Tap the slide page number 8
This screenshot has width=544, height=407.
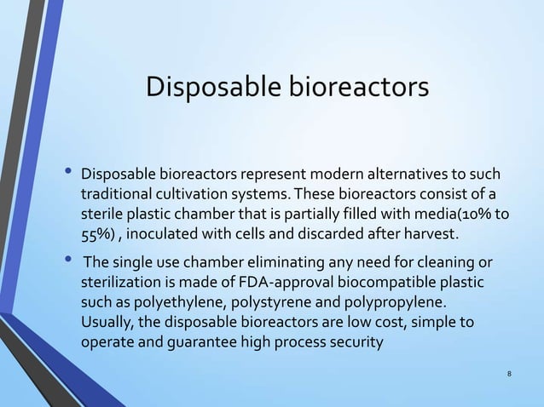(508, 373)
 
